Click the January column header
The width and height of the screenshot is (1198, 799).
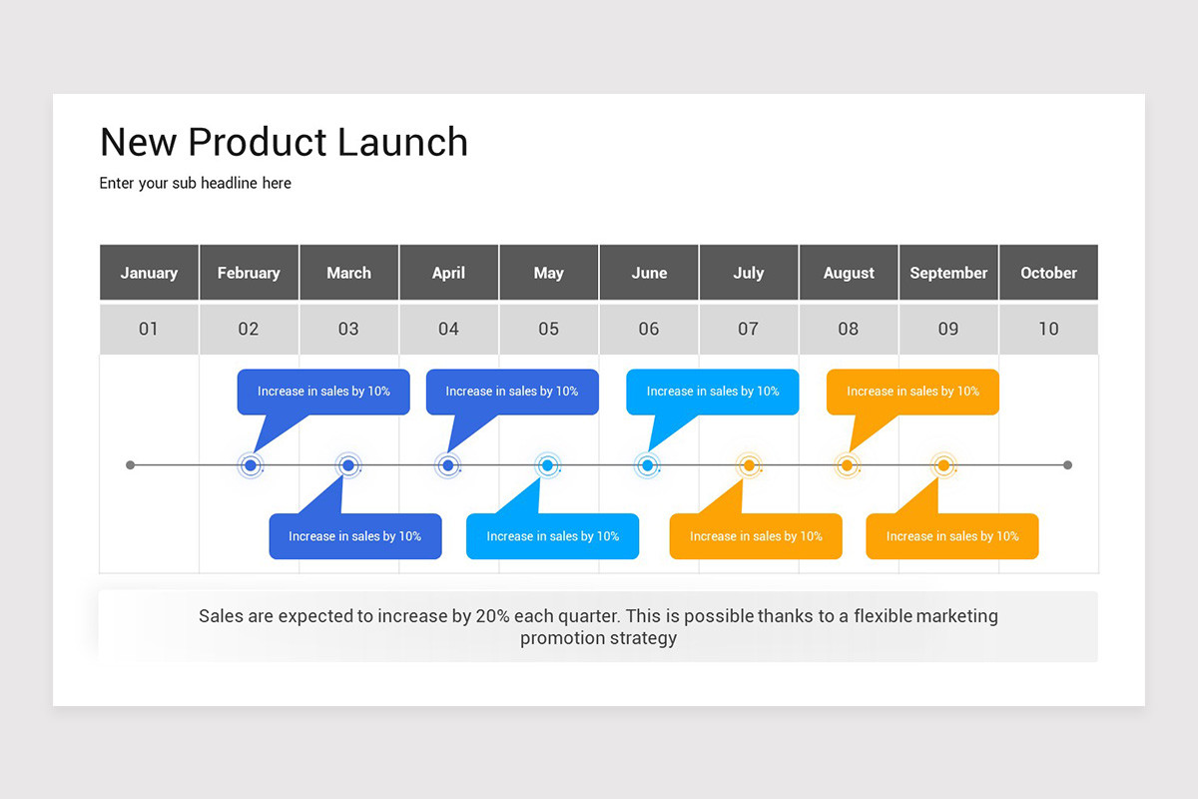coord(149,273)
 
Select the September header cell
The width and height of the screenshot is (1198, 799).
coord(948,273)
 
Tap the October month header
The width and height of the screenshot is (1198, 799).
coord(1048,273)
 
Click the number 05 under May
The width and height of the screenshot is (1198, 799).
coord(548,329)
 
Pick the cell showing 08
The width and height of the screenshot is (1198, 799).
coord(848,329)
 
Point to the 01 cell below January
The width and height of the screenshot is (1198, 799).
coord(149,329)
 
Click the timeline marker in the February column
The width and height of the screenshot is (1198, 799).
coord(251,465)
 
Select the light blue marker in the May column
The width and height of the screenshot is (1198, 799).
coord(547,465)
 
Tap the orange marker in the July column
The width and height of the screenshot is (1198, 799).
coord(748,465)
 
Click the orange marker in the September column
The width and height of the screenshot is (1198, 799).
coord(943,465)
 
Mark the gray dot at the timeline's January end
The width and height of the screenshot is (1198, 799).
coord(130,465)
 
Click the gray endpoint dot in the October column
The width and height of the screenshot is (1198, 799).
coord(1067,465)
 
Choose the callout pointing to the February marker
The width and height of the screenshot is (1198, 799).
coord(323,392)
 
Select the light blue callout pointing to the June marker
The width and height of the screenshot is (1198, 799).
coord(713,392)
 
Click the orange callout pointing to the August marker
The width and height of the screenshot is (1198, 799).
coord(912,392)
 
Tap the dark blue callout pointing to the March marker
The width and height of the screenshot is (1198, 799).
coord(355,536)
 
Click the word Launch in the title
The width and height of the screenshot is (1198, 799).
coord(402,142)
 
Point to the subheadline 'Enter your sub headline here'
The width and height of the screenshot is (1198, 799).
coord(196,183)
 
